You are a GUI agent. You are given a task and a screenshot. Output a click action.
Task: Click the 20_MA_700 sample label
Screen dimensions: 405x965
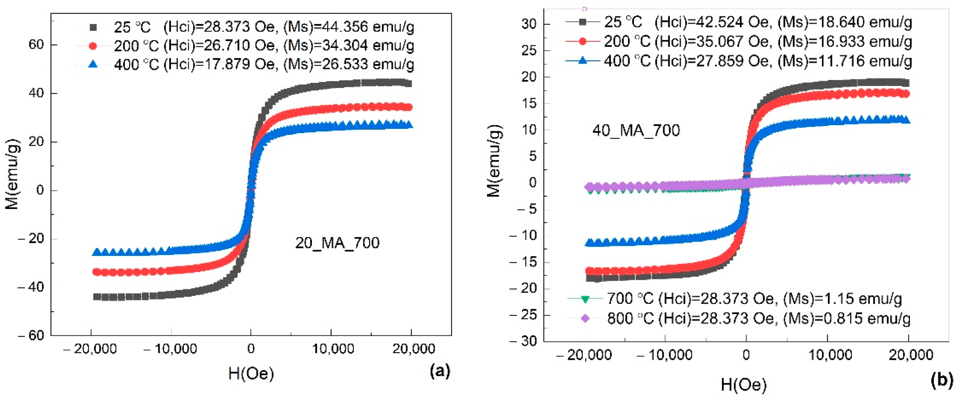pyautogui.click(x=337, y=243)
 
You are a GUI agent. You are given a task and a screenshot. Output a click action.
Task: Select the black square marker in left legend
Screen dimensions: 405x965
pyautogui.click(x=93, y=27)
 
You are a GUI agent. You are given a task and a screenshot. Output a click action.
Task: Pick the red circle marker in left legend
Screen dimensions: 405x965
pyautogui.click(x=93, y=46)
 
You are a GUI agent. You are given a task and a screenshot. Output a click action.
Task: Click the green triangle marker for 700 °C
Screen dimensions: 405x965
pyautogui.click(x=585, y=299)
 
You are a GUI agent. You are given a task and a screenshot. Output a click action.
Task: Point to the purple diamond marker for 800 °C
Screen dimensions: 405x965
pyautogui.click(x=585, y=319)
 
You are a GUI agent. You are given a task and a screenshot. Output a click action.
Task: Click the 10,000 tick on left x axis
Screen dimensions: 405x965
pyautogui.click(x=333, y=349)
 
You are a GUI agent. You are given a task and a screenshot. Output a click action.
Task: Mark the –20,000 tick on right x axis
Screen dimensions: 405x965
pyautogui.click(x=584, y=355)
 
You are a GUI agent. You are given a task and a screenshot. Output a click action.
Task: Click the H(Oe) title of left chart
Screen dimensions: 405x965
pyautogui.click(x=251, y=373)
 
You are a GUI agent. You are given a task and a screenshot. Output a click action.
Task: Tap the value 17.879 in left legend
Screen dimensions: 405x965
pyautogui.click(x=227, y=64)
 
